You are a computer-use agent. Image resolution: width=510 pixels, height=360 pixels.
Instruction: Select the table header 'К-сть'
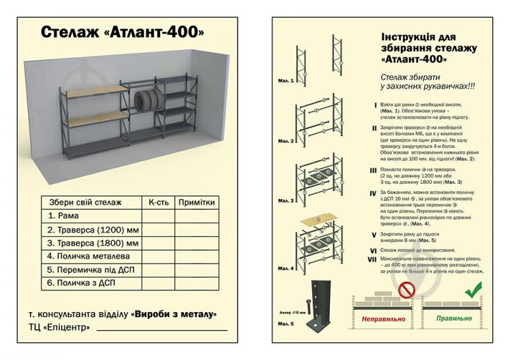[x=158, y=202]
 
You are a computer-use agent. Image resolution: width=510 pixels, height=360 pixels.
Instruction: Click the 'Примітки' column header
[x=196, y=202]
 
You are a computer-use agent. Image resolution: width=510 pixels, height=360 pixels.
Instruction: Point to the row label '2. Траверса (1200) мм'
[x=93, y=229]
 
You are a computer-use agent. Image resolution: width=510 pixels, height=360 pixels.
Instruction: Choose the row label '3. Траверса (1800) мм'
[x=93, y=243]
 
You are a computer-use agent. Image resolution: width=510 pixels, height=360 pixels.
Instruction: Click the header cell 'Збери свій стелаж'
[x=85, y=202]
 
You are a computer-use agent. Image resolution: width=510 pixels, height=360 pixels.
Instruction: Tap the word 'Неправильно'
[x=384, y=317]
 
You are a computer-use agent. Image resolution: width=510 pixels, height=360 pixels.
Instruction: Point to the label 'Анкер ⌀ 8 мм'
[x=294, y=313]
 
